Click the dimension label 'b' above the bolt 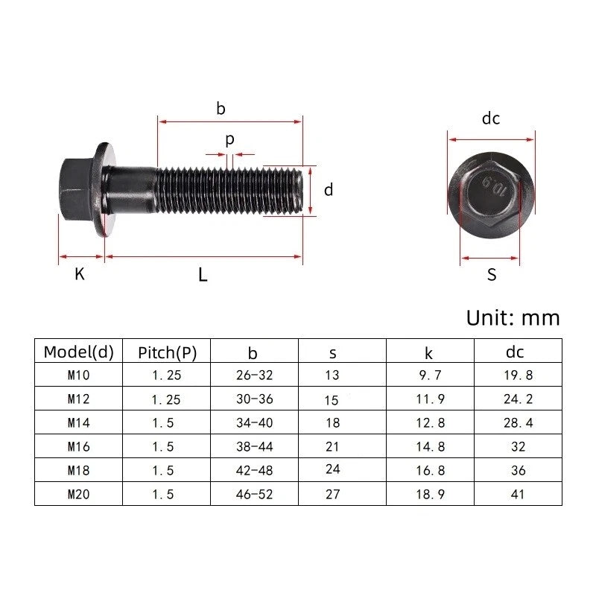click(221, 109)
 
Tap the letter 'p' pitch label click(229, 139)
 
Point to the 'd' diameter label click(328, 190)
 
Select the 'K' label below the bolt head click(80, 274)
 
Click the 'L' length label click(203, 275)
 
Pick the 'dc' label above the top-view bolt click(490, 118)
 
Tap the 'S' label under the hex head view click(491, 275)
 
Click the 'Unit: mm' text click(513, 317)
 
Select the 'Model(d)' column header click(77, 352)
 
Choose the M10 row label click(78, 375)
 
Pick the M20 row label click(78, 494)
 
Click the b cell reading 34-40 click(253, 422)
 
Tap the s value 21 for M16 click(332, 446)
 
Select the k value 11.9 click(430, 399)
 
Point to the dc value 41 click(518, 494)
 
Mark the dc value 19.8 click(518, 375)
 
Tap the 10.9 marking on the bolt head click(493, 188)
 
